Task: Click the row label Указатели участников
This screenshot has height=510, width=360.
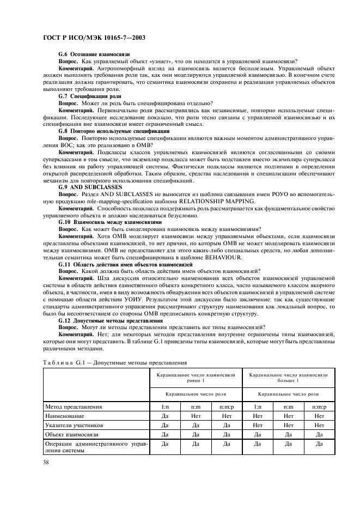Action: point(72,424)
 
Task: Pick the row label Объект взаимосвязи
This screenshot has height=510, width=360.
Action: point(69,434)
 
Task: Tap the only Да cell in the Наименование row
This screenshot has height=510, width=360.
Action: point(165,415)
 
